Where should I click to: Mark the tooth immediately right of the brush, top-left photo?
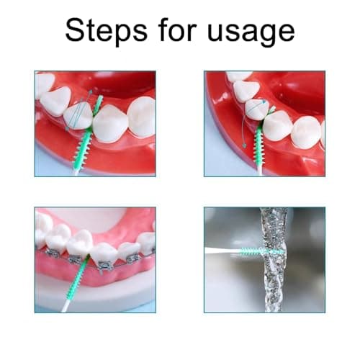pyautogui.click(x=109, y=123)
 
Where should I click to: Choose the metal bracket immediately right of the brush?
pyautogui.click(x=104, y=264)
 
